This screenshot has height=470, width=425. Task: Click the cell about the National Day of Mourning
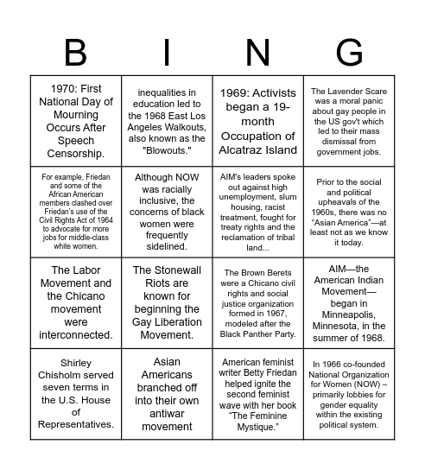76,121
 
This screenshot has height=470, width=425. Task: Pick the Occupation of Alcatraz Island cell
258,121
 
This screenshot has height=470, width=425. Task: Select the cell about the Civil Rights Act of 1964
76,211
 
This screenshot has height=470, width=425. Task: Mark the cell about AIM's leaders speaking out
258,211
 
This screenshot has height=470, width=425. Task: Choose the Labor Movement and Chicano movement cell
76,302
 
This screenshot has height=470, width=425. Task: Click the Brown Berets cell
258,302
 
